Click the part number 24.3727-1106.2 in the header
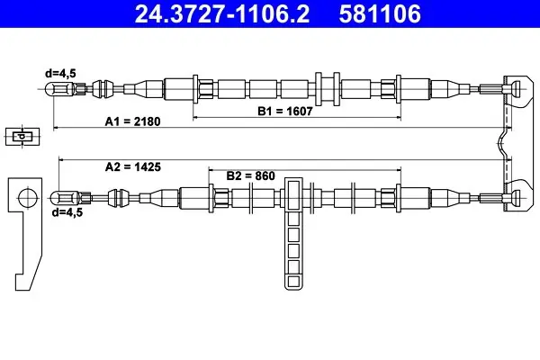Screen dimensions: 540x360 click(x=222, y=13)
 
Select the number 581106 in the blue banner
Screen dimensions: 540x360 click(x=380, y=13)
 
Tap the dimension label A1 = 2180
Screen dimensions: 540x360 click(x=132, y=121)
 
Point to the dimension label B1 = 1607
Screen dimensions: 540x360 click(x=285, y=111)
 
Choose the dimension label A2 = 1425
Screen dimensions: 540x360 click(x=133, y=166)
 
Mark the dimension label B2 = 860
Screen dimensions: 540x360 click(x=251, y=175)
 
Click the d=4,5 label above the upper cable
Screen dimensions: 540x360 click(x=60, y=73)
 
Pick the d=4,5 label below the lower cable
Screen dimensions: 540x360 click(x=67, y=212)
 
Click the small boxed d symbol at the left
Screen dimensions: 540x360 click(x=22, y=137)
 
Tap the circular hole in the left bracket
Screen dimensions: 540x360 click(x=27, y=198)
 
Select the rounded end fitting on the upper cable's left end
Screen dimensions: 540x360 click(x=58, y=89)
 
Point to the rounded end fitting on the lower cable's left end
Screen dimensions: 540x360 click(x=65, y=198)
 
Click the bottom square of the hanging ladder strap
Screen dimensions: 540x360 click(x=293, y=282)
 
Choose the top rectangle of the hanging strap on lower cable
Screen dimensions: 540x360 click(x=293, y=194)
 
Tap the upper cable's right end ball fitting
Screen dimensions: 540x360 click(x=515, y=89)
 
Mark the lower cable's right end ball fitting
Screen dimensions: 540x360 click(x=515, y=198)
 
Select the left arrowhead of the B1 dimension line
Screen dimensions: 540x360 click(x=195, y=118)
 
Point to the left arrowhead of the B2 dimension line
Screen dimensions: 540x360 click(x=211, y=169)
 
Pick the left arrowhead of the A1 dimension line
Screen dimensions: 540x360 click(x=56, y=128)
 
